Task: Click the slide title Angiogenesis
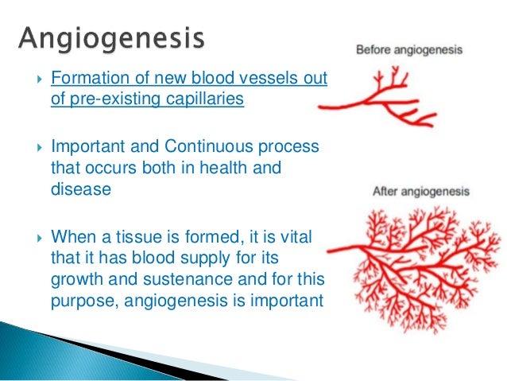(110, 38)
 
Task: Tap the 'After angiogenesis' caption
(421, 192)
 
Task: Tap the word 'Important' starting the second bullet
(86, 148)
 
